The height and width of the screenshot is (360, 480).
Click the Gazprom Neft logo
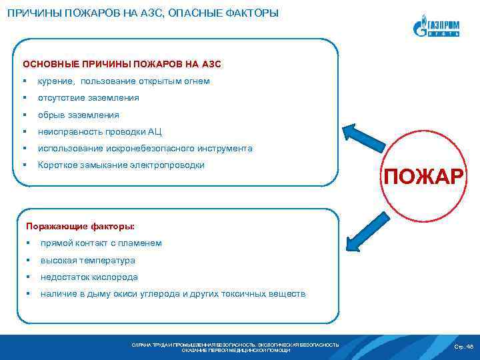coord(436,27)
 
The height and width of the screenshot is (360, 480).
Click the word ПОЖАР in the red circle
coord(422,177)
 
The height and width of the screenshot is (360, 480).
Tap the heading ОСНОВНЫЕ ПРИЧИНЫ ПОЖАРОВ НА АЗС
coord(122,65)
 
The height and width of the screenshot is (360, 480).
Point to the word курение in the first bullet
coord(56,81)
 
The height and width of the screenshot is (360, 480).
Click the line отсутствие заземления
coord(88,98)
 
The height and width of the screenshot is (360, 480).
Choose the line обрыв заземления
coord(78,115)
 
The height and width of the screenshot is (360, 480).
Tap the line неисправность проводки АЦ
coord(100,131)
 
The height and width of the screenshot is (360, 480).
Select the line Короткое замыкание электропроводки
coord(121,165)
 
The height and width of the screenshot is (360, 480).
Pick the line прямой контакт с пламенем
coord(101,243)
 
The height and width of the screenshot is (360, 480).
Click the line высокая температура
coord(87,260)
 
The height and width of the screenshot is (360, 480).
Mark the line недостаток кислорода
coord(89,277)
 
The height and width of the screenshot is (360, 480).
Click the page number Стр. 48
coord(463,347)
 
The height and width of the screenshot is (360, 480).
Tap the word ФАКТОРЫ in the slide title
coord(250,13)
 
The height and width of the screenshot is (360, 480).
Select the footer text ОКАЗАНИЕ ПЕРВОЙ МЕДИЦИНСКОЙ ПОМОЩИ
coord(235,350)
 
